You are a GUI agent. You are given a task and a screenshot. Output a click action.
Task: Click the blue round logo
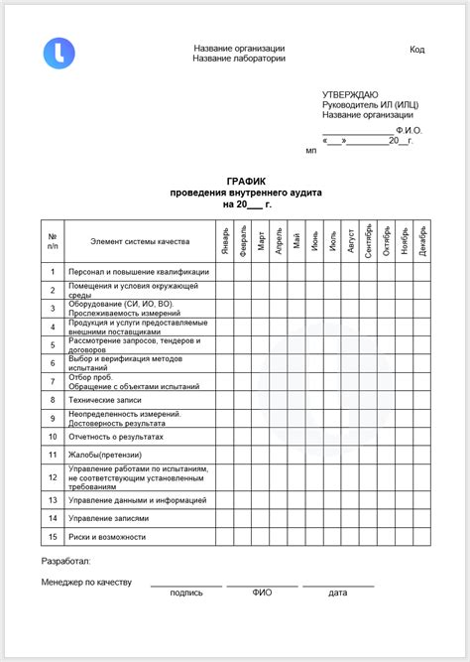tap(58, 53)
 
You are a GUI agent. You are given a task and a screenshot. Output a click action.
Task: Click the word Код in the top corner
tap(417, 50)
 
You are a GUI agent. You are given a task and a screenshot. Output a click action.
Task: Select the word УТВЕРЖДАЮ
tap(348, 93)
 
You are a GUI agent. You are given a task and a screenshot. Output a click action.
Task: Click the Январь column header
tap(226, 241)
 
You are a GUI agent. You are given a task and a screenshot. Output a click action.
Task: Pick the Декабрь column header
tap(422, 240)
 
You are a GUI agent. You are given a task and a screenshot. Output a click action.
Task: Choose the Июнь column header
tap(315, 241)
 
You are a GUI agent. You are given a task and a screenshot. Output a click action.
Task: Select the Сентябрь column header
tap(369, 240)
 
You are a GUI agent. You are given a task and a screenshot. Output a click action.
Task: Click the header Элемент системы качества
tap(139, 241)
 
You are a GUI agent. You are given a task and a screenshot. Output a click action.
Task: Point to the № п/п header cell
tap(53, 241)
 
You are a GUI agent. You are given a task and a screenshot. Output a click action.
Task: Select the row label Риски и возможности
tap(107, 537)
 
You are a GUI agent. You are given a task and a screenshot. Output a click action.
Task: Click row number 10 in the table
tap(53, 436)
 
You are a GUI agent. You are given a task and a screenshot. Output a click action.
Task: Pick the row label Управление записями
tap(109, 518)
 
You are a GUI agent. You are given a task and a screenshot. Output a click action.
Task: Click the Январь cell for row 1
tap(226, 271)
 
